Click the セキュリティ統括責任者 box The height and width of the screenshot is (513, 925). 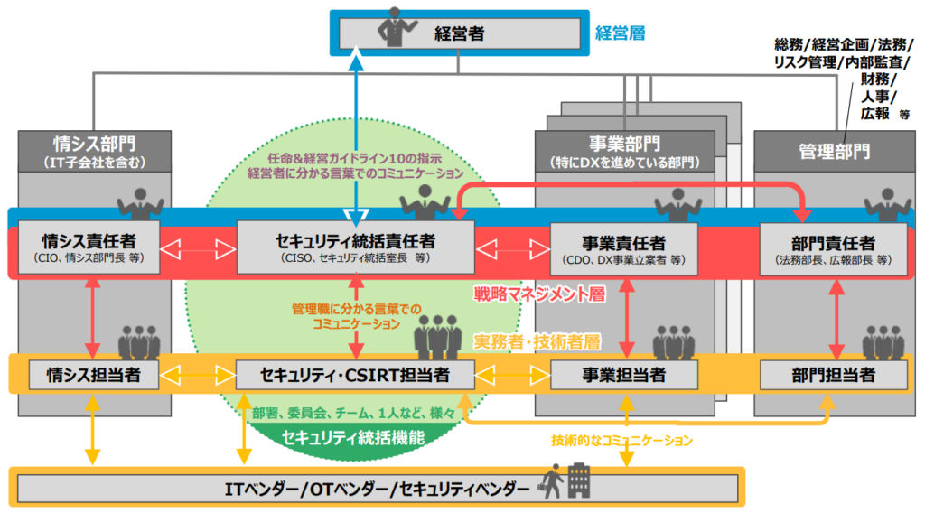[x=355, y=247]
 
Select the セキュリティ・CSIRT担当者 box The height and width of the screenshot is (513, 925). [x=355, y=374]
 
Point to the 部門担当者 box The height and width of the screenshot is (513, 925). [x=831, y=374]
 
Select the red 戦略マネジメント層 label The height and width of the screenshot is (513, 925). [x=539, y=294]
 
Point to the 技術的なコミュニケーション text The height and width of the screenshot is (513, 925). [x=622, y=441]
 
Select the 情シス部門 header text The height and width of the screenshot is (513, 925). [x=93, y=143]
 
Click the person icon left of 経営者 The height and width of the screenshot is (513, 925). [x=394, y=27]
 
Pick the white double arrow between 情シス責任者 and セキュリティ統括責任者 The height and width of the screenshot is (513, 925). [x=198, y=246]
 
